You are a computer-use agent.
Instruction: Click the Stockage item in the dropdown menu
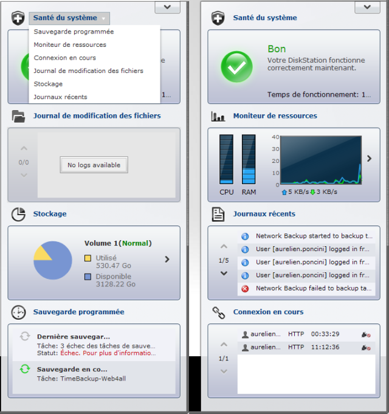tap(48, 84)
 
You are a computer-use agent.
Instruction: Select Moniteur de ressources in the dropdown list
tap(70, 44)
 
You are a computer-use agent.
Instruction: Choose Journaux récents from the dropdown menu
tap(60, 97)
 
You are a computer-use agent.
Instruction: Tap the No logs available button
tap(94, 165)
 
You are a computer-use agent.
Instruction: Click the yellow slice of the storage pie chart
tap(42, 254)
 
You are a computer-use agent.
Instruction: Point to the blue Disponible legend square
tap(88, 277)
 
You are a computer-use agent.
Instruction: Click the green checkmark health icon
tap(236, 66)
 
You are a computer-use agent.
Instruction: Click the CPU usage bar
tap(226, 159)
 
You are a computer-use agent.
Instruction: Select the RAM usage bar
tap(249, 159)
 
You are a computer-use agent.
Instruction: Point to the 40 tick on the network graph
tap(275, 137)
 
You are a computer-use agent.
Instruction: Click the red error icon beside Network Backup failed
tap(245, 289)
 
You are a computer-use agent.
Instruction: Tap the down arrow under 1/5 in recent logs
tap(224, 274)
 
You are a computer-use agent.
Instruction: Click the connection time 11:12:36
tap(325, 347)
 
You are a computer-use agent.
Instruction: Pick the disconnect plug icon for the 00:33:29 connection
tap(366, 335)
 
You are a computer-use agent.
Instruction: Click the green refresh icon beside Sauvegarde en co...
tap(25, 369)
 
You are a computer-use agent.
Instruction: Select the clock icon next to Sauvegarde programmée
tap(18, 312)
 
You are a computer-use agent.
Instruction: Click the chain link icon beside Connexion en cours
tap(219, 313)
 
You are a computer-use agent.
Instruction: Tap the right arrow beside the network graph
tap(369, 159)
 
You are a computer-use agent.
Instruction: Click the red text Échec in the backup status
tap(70, 353)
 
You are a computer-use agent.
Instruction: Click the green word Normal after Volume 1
tap(136, 243)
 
